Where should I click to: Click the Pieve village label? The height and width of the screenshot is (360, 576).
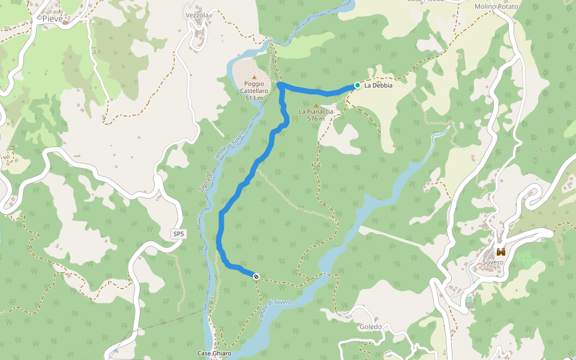tap(52, 19)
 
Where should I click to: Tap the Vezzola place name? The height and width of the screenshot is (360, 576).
tap(197, 15)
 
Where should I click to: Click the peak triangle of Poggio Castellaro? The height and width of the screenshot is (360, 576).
tap(254, 77)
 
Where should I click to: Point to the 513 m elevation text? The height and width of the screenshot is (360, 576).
tap(254, 98)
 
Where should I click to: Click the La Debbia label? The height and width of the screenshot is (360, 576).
tap(378, 85)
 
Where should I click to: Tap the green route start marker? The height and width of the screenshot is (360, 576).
tap(358, 85)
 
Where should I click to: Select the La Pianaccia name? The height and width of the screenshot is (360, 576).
tap(316, 112)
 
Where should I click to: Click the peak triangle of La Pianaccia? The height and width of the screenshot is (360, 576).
tap(316, 105)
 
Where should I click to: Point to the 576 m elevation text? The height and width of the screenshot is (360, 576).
tap(316, 119)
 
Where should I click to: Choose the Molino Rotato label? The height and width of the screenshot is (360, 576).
tap(495, 6)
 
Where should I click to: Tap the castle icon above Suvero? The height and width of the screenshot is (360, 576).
tap(500, 252)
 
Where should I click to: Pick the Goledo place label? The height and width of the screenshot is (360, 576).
tap(371, 327)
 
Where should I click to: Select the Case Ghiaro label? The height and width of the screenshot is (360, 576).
tap(214, 353)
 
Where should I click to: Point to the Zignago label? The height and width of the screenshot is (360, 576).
tap(204, 181)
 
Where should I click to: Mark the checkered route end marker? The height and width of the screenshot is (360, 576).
tap(256, 276)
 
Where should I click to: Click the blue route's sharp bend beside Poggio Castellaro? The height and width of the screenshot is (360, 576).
tap(280, 86)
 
